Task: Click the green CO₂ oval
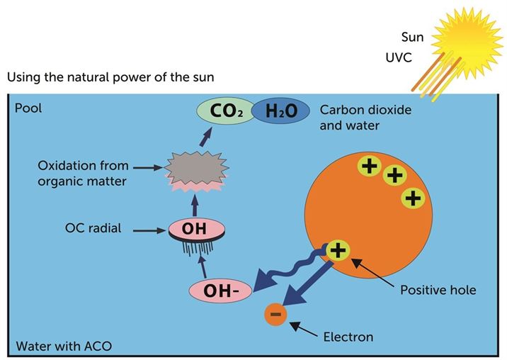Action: pyautogui.click(x=226, y=111)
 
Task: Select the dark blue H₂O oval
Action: pyautogui.click(x=280, y=111)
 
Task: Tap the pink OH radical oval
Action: pyautogui.click(x=196, y=229)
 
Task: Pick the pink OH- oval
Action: pyautogui.click(x=220, y=291)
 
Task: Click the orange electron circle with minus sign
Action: pyautogui.click(x=275, y=314)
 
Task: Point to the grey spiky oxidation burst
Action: pyautogui.click(x=196, y=169)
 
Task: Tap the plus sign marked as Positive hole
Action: pyautogui.click(x=338, y=251)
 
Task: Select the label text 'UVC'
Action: pyautogui.click(x=399, y=57)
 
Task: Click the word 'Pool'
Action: pyautogui.click(x=28, y=108)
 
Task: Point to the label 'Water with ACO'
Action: pyautogui.click(x=64, y=346)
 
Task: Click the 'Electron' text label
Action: pyautogui.click(x=348, y=337)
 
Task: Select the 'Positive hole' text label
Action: pyautogui.click(x=438, y=290)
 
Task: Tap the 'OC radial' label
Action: pyautogui.click(x=93, y=228)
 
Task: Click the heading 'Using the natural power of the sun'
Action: pyautogui.click(x=110, y=77)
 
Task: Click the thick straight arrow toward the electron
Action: pyautogui.click(x=307, y=283)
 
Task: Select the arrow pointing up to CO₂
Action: pyautogui.click(x=206, y=137)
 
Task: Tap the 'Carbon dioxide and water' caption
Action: pyautogui.click(x=365, y=118)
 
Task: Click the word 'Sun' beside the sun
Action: pyautogui.click(x=412, y=38)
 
